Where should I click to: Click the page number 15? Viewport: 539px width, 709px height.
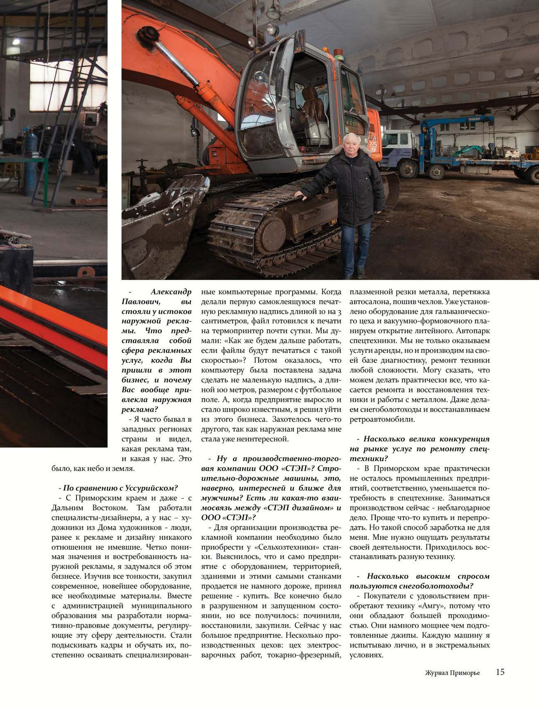pos(500,672)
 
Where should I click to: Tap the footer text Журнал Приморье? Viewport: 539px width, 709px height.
pos(452,673)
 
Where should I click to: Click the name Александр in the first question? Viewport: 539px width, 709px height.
pos(171,292)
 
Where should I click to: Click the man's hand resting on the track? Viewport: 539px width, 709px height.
pos(299,194)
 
